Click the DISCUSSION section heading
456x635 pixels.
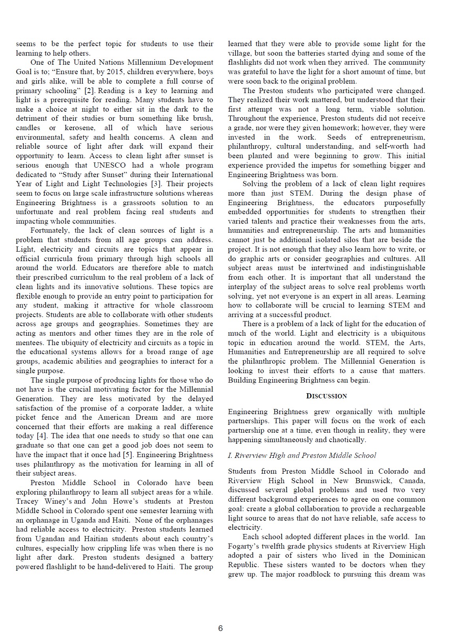(x=327, y=396)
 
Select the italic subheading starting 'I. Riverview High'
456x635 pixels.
(x=302, y=456)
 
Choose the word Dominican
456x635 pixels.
(x=406, y=555)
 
